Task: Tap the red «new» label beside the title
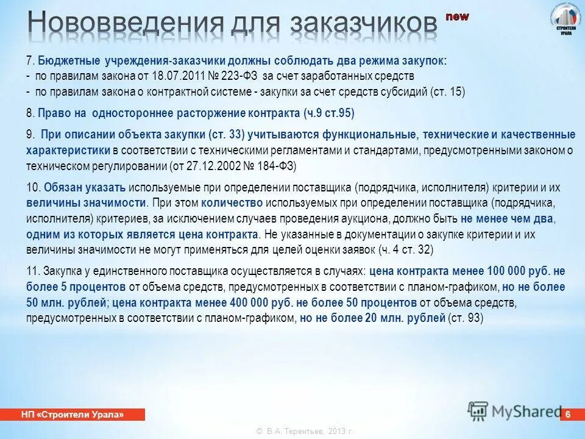(x=457, y=16)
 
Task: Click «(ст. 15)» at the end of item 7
(x=448, y=92)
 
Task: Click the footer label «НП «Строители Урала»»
(x=73, y=415)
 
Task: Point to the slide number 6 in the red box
(x=568, y=415)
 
